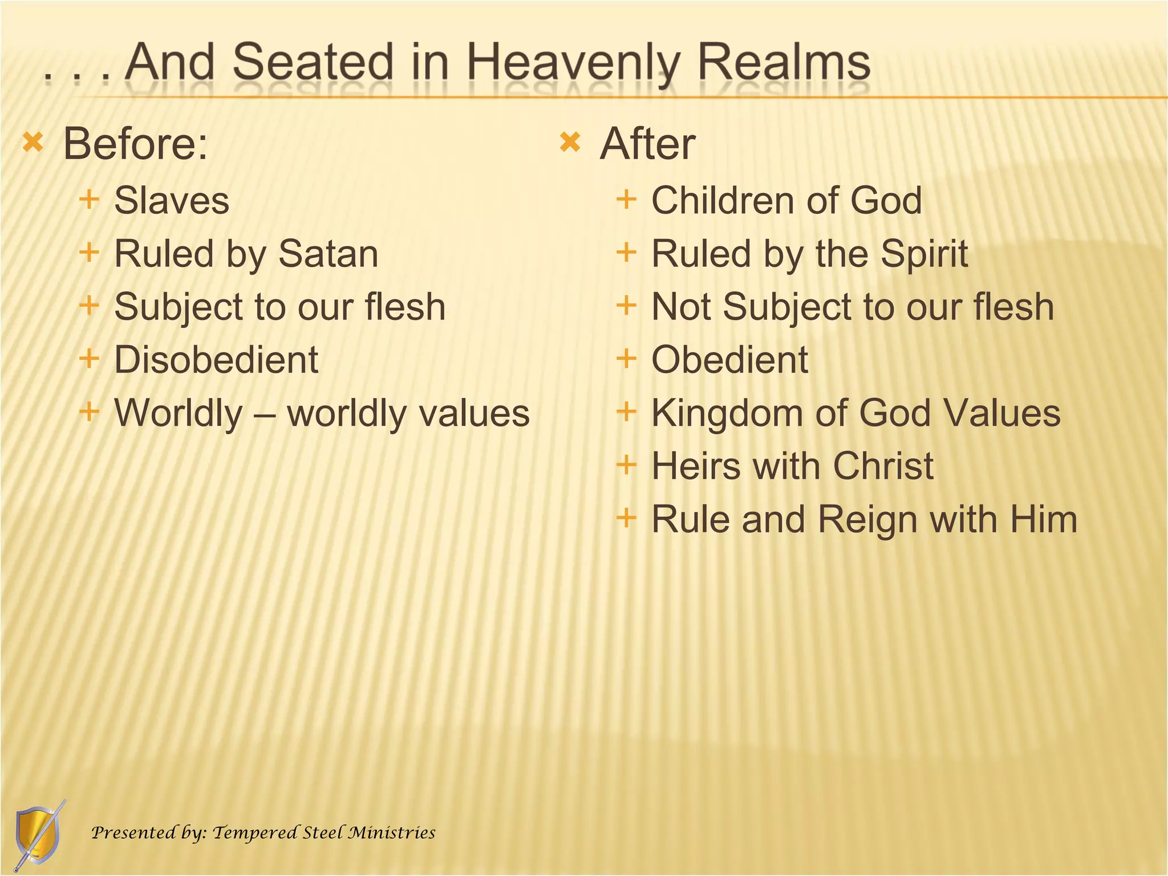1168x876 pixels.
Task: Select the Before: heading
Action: (135, 144)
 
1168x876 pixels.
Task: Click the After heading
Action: (647, 144)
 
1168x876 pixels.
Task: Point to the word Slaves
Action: (172, 201)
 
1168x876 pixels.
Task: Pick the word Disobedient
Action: (216, 360)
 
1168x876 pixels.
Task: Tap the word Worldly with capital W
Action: (179, 413)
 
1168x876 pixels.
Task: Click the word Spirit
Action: (923, 254)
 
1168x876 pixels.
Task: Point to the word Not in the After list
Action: (681, 307)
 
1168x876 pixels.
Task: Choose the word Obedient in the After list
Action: (729, 360)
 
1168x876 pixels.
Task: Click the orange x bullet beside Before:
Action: (33, 142)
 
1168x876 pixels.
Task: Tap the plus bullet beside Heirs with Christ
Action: (626, 464)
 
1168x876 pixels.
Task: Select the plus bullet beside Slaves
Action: (89, 199)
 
